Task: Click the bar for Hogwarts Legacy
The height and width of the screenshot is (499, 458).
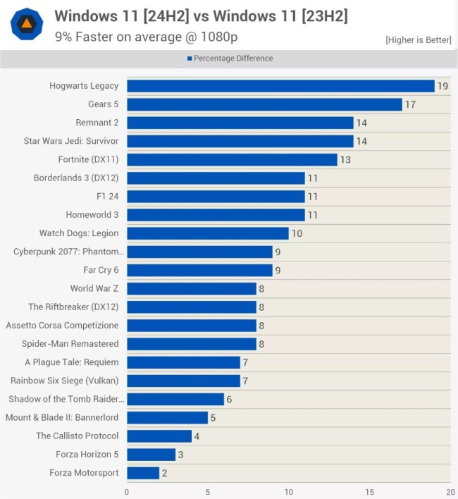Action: [x=280, y=86]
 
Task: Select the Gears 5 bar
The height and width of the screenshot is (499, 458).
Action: [x=264, y=104]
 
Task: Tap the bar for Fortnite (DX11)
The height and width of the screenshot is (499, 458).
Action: [x=232, y=159]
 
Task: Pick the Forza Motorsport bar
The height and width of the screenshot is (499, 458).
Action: [x=143, y=473]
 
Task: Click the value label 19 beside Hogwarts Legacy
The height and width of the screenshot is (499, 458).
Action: [x=442, y=86]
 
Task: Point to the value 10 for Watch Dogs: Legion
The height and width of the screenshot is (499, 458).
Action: [x=297, y=233]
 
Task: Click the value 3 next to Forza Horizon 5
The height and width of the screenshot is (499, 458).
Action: [x=180, y=455]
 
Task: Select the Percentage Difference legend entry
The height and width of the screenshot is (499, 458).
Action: [x=230, y=58]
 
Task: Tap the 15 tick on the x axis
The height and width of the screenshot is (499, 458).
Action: [x=370, y=492]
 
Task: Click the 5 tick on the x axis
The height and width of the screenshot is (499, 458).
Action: [x=208, y=492]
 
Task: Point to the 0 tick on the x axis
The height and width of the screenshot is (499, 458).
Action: [x=127, y=492]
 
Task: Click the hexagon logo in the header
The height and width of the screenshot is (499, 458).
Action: [x=27, y=25]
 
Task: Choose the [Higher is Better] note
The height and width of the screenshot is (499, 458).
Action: [x=418, y=40]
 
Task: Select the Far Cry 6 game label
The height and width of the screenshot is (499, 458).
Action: [x=101, y=270]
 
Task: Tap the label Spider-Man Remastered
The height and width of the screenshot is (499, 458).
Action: [x=70, y=344]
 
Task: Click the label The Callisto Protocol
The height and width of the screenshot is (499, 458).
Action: [x=78, y=436]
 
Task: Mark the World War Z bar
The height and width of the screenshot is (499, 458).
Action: [x=192, y=288]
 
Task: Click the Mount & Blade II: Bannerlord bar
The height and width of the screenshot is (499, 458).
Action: [x=167, y=418]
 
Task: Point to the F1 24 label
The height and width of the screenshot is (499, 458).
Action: [x=107, y=196]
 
